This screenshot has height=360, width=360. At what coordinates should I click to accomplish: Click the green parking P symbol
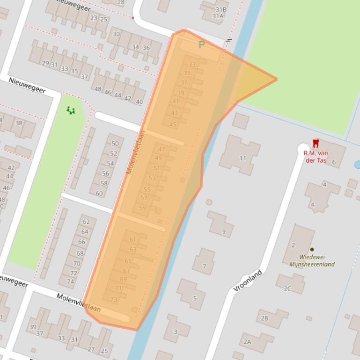coord(202,45)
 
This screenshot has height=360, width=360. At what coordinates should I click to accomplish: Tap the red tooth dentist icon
coord(316,144)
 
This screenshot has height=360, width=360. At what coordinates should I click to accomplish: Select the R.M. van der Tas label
coord(316,157)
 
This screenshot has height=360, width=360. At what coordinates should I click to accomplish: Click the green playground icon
coord(71,110)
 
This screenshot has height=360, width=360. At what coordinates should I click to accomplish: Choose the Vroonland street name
coord(248,281)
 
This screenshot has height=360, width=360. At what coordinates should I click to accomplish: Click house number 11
coord(242,158)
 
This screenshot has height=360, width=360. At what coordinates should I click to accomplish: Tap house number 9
coord(224,231)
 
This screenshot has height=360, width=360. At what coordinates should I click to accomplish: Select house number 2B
coord(264,318)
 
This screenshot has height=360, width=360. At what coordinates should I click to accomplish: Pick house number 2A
coord(247,342)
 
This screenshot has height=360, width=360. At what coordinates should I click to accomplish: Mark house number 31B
coord(220,9)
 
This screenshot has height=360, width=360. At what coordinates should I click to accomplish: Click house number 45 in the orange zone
coord(173,124)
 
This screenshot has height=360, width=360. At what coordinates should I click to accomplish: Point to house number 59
coord(142,208)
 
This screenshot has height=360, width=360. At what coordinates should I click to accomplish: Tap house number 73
coord(114,299)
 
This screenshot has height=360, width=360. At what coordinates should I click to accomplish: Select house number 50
coord(115,144)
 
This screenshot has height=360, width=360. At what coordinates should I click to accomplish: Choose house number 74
coord(71,281)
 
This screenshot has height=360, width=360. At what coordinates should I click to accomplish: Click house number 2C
coord(287,288)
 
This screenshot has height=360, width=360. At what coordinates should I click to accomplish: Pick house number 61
coord(132,239)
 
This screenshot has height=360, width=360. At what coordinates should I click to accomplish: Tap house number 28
coord(121,2)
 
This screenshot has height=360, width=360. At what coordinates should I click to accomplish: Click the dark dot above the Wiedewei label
coord(312,249)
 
